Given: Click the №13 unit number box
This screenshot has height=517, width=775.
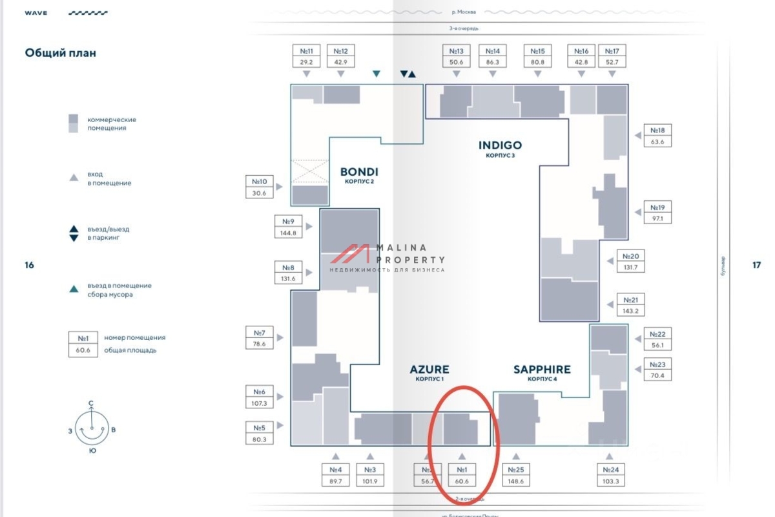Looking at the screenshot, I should pos(457,51).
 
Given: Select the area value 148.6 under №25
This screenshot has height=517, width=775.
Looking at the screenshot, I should pos(515,481).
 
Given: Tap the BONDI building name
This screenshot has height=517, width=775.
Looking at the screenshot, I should pos(359,172).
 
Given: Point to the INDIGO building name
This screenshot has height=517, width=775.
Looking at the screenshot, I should pos(500,145).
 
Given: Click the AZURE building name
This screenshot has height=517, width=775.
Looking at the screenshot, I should pos(429,370).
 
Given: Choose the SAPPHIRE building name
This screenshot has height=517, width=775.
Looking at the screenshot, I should pos(542,370).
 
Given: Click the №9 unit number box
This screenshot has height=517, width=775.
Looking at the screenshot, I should pos(288,222).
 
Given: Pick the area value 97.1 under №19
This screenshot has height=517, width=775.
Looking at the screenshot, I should pos(657,219).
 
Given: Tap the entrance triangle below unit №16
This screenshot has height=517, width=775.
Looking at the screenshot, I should pos(582,74).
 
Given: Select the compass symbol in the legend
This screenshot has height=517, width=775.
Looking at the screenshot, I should pos(92,427).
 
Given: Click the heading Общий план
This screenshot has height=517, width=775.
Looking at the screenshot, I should pos(61,53).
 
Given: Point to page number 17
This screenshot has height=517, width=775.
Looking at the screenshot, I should pos(756,265).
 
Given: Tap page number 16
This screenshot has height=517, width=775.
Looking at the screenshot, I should pos(29,265).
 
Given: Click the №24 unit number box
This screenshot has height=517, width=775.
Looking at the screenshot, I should pos(610,470).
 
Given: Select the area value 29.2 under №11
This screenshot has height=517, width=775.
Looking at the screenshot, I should pos(307,62).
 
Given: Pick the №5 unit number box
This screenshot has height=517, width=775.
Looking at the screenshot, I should pos(259,428).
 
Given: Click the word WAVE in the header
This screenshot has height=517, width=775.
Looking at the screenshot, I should pos(36,13).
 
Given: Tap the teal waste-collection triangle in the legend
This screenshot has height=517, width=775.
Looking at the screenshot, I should pos(74,290).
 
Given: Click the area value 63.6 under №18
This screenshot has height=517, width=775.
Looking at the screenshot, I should pos(657,142).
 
